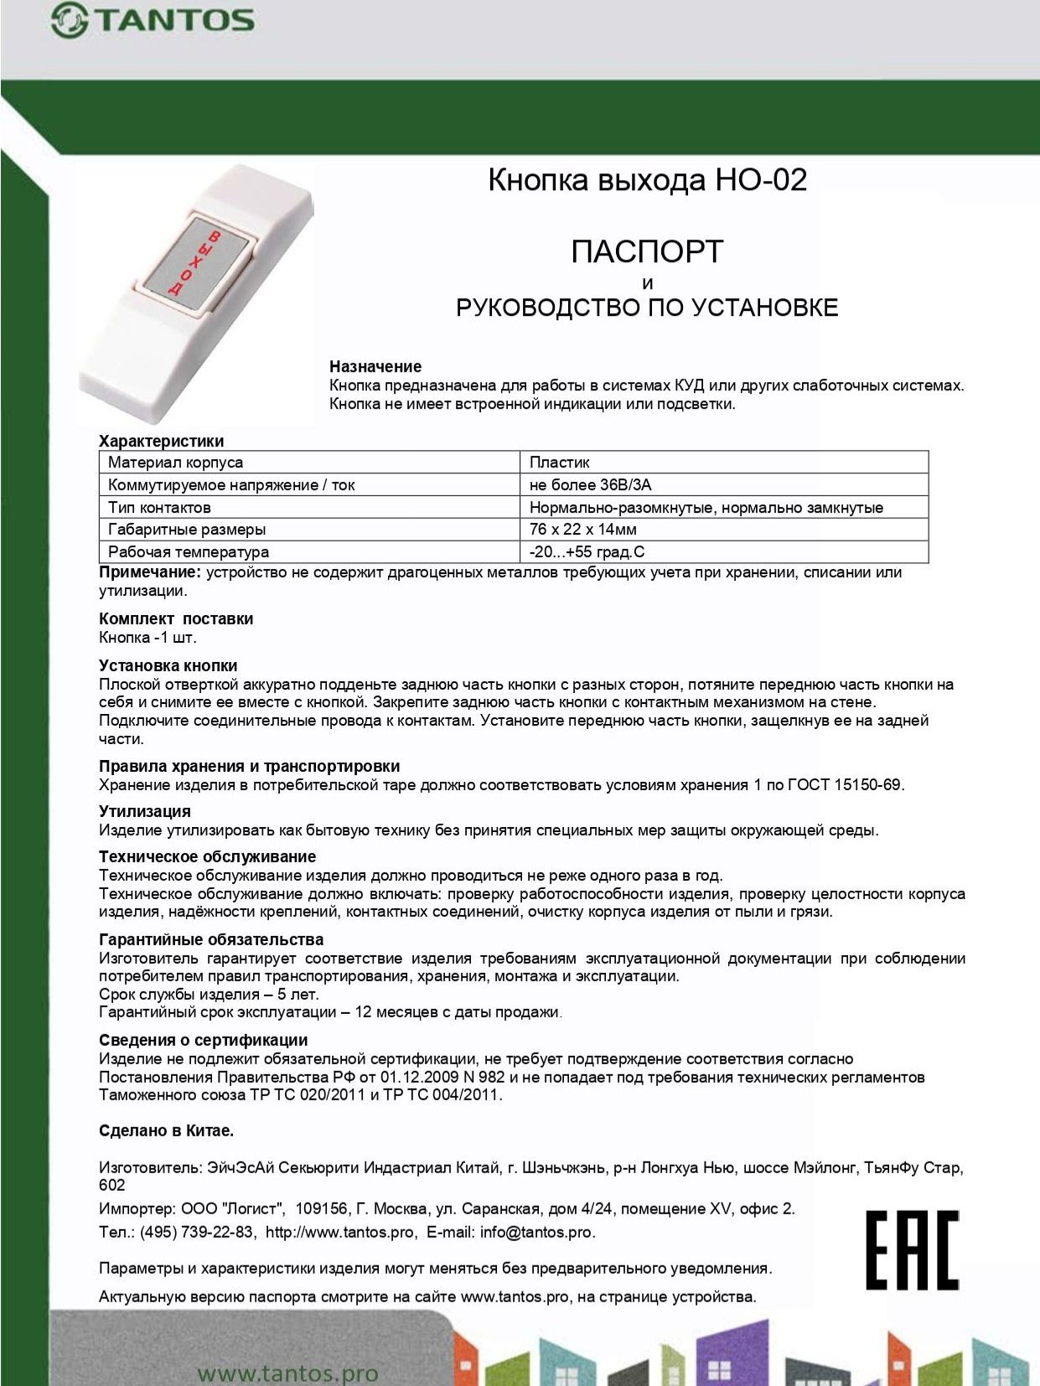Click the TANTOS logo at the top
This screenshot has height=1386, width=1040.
click(x=153, y=21)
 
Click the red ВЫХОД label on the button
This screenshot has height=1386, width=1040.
click(x=194, y=262)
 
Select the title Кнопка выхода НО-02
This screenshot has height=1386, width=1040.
click(x=647, y=180)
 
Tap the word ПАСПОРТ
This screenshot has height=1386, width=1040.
click(x=647, y=251)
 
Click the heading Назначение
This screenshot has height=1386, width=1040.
click(x=375, y=366)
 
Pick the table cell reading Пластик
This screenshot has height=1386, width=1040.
click(x=560, y=463)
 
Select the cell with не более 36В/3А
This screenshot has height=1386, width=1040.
click(x=590, y=485)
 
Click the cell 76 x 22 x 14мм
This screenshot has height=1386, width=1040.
click(x=583, y=530)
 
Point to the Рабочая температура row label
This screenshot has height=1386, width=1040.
click(x=189, y=552)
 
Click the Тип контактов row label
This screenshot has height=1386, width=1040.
click(x=159, y=508)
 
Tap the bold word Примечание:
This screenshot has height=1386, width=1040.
click(x=150, y=572)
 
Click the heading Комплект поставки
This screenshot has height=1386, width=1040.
click(x=176, y=619)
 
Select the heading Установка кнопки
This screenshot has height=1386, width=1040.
click(x=168, y=666)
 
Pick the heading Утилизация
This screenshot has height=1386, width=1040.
click(x=145, y=811)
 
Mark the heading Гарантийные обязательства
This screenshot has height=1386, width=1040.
click(x=211, y=940)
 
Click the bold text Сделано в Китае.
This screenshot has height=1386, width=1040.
click(x=166, y=1130)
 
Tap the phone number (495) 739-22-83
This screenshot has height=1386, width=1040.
click(x=197, y=1233)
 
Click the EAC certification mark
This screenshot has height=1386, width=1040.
click(x=912, y=1249)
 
